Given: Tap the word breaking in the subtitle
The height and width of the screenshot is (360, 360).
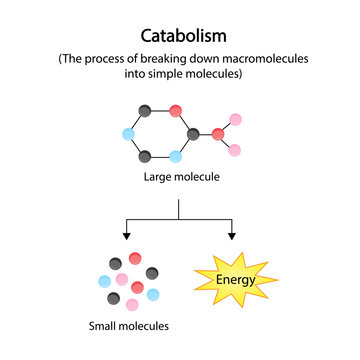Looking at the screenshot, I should (170, 58).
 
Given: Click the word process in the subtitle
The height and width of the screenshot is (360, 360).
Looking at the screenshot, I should (111, 58).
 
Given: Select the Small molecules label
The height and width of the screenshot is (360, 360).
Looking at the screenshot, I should (127, 325).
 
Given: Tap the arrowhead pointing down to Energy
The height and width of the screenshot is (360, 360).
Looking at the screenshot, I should (231, 236).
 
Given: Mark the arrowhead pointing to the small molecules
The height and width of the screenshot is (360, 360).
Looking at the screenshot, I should (127, 236).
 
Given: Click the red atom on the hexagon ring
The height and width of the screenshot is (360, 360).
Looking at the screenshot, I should (175, 109).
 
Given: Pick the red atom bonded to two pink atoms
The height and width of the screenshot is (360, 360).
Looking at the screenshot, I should (218, 134).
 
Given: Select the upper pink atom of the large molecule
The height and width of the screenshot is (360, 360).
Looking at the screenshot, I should (235, 120).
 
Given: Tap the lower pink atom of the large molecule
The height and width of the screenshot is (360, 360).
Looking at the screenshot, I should (235, 150).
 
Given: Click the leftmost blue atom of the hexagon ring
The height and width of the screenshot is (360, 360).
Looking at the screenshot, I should (131, 133).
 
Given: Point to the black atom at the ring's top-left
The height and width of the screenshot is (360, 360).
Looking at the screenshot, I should (146, 110).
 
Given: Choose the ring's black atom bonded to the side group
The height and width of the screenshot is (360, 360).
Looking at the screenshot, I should (190, 133).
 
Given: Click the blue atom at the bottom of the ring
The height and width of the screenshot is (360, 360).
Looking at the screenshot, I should (175, 156).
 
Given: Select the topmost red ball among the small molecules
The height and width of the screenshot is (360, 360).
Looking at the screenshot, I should (135, 258).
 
